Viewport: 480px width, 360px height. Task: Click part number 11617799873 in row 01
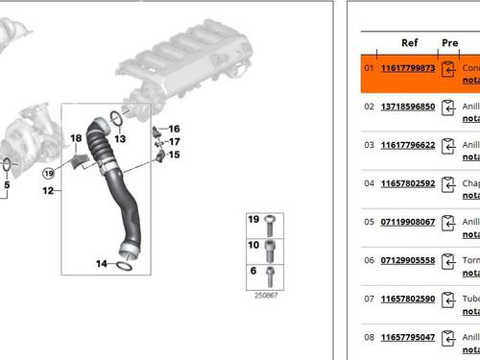coord(408,68)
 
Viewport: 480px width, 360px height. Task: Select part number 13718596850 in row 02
coord(408,107)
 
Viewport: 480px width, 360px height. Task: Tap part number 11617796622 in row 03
coord(408,145)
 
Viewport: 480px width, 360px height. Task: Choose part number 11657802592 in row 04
coord(408,183)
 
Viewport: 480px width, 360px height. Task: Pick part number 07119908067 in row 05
coord(408,222)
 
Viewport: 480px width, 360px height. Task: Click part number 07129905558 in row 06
coord(408,260)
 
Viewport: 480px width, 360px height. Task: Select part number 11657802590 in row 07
coord(408,299)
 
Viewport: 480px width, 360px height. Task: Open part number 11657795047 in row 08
coord(408,337)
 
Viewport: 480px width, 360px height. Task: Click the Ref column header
coord(409,43)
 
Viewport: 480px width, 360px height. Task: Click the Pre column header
coord(449,43)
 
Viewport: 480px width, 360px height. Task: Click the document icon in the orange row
coord(448,69)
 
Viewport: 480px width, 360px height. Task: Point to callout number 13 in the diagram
coord(120,138)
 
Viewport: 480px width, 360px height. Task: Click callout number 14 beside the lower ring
coord(102,263)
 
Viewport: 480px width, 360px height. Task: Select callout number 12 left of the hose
coord(47,191)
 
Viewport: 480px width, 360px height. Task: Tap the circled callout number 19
coord(47,173)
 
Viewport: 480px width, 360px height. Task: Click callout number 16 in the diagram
coord(174,129)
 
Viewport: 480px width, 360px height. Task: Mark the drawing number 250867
coord(266,296)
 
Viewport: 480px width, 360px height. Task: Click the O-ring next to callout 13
coord(116,119)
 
